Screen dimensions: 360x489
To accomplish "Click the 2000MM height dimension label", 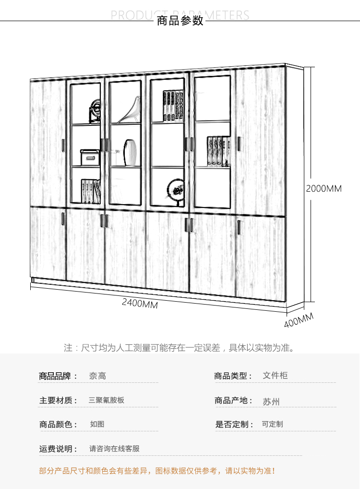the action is click(x=324, y=189).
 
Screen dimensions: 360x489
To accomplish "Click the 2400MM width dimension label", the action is click(x=140, y=303).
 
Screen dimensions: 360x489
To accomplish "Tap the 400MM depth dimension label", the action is click(x=299, y=320).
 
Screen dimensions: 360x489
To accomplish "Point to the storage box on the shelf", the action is click(x=89, y=158).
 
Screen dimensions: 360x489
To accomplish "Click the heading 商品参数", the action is click(x=180, y=21).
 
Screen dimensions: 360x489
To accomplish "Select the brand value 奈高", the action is click(x=97, y=376).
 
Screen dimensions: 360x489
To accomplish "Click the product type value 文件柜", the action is click(x=275, y=375).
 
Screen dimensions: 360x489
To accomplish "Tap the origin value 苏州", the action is click(x=271, y=402).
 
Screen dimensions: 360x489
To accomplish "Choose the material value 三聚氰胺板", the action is click(x=107, y=400).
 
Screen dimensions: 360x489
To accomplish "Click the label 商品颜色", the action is click(x=58, y=424).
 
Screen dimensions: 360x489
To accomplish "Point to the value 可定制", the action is click(x=272, y=424).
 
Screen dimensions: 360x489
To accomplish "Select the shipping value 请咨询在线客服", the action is click(x=114, y=449).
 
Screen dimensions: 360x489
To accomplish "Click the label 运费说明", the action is click(x=58, y=449).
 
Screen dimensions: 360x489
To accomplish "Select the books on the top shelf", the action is click(x=173, y=106).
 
